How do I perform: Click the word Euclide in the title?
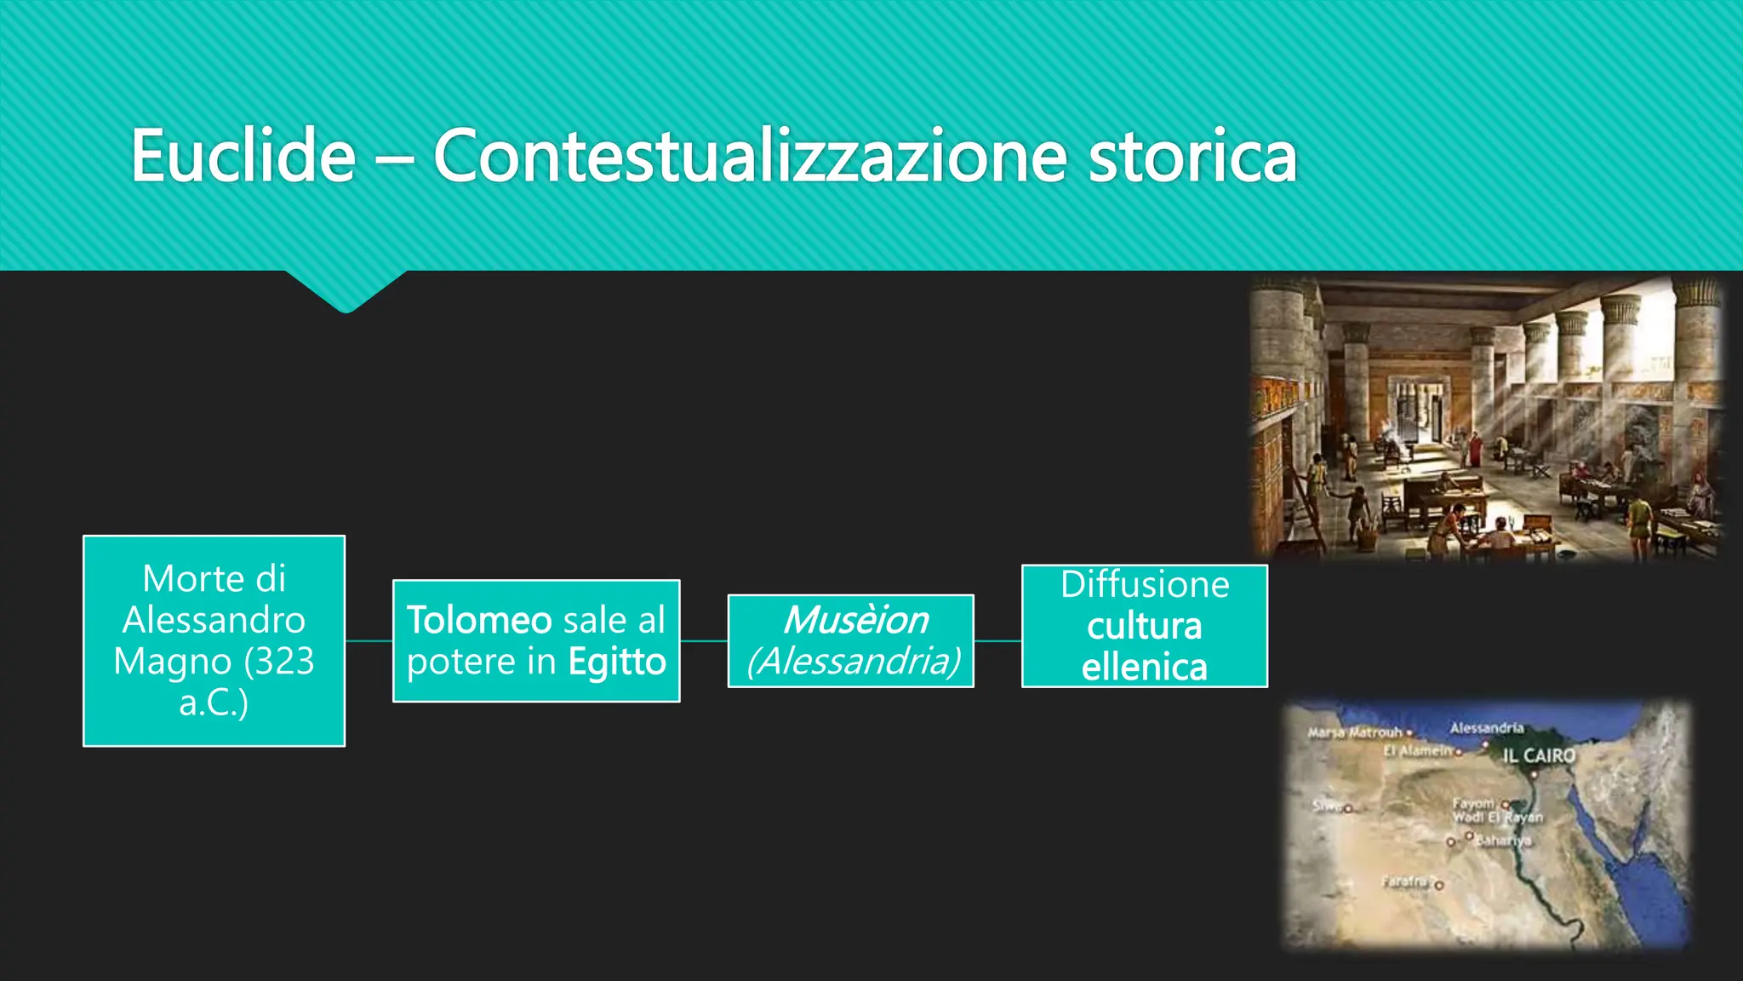click(243, 156)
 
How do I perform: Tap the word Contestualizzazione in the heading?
click(749, 156)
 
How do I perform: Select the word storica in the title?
click(1192, 156)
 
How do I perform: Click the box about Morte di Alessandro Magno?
click(214, 640)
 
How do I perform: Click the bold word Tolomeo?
click(479, 620)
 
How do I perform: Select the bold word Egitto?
click(617, 662)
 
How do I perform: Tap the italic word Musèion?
click(855, 620)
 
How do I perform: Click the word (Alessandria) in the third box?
click(853, 662)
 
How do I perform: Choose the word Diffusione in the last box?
click(1145, 585)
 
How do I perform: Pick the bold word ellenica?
click(1145, 667)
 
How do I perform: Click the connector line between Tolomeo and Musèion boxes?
click(704, 641)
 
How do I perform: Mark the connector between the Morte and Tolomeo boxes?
click(369, 641)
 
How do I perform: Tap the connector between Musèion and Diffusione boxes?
click(997, 641)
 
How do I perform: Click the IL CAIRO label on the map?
click(1539, 755)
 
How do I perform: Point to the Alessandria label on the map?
click(1486, 728)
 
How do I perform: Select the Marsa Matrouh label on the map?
click(1355, 732)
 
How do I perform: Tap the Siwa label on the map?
click(1326, 806)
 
